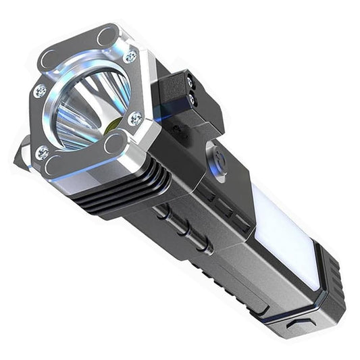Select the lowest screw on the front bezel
point(42,153)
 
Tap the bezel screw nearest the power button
point(136,120)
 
